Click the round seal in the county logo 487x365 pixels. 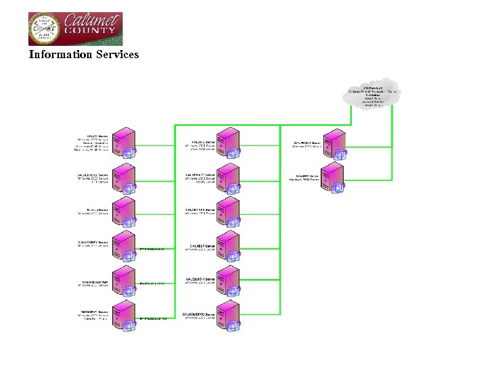[x=44, y=29]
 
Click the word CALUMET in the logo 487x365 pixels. [x=92, y=21]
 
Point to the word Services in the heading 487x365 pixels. [x=118, y=54]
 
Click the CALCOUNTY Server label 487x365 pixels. [x=93, y=242]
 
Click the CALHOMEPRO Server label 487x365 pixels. [x=199, y=314]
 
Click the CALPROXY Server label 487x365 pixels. [x=307, y=143]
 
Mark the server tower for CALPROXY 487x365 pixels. [x=334, y=144]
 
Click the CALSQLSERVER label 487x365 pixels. [x=93, y=281]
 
